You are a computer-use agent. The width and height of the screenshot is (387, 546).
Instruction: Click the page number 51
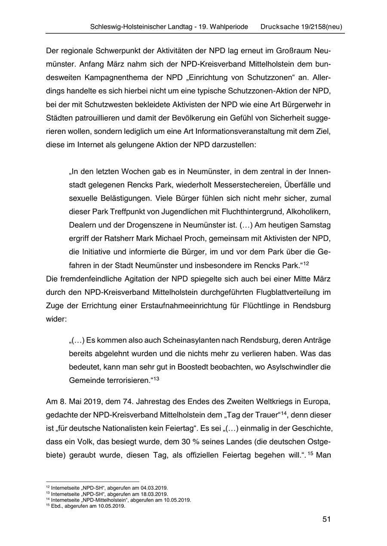[326, 519]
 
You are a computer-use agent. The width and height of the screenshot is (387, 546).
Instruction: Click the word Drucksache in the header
[279, 27]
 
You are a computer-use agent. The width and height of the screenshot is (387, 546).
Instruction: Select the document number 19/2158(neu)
[322, 27]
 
